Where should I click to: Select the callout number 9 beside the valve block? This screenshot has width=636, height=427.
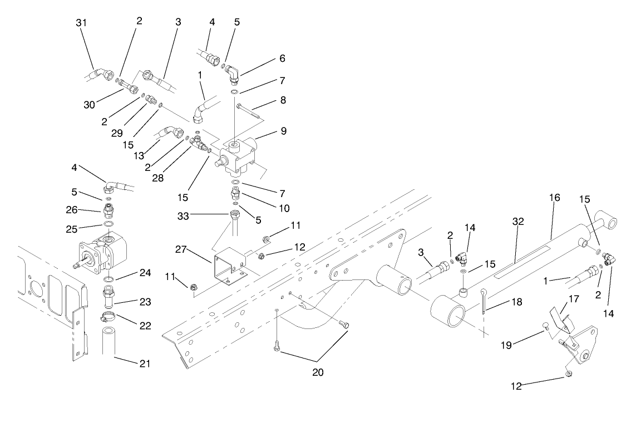point(283,131)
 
